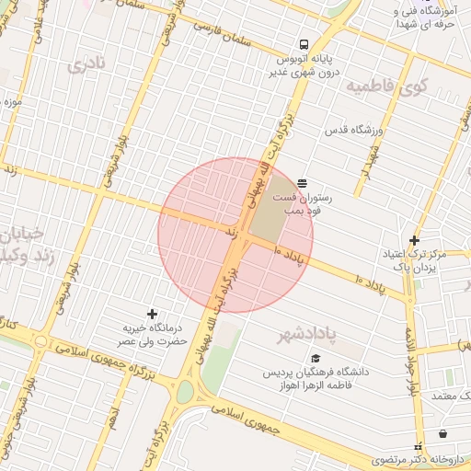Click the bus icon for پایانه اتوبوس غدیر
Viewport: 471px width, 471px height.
coord(303,44)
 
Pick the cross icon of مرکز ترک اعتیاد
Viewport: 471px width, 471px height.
coord(415,240)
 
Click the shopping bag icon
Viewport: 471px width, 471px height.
coord(443,433)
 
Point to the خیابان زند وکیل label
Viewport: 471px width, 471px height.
coord(22,243)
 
